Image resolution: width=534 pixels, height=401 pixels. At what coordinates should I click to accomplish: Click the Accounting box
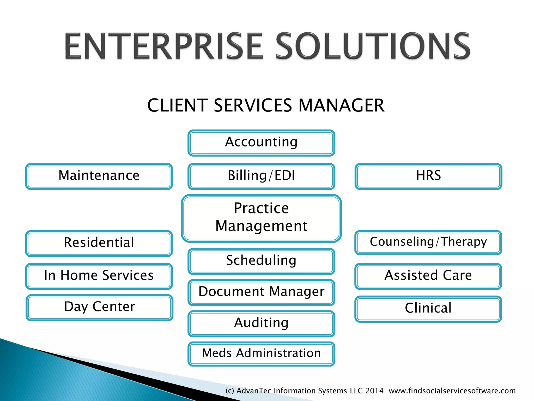pyautogui.click(x=261, y=143)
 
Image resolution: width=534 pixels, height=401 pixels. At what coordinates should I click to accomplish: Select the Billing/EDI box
pyautogui.click(x=261, y=176)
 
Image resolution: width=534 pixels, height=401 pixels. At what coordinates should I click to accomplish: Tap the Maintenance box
pyautogui.click(x=99, y=176)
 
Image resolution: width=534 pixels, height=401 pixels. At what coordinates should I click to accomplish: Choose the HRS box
pyautogui.click(x=428, y=176)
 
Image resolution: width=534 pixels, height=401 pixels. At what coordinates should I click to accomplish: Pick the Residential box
pyautogui.click(x=99, y=243)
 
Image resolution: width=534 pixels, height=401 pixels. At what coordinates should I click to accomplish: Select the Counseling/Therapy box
pyautogui.click(x=428, y=242)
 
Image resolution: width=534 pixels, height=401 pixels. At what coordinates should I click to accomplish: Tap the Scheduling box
pyautogui.click(x=261, y=261)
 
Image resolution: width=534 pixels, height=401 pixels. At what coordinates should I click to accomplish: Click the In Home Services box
pyautogui.click(x=99, y=276)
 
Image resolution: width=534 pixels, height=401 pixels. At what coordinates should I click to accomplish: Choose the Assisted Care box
pyautogui.click(x=428, y=276)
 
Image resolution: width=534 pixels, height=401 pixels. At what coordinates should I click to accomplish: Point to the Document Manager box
pyautogui.click(x=261, y=292)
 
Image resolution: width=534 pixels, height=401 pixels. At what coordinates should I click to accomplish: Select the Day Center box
pyautogui.click(x=100, y=307)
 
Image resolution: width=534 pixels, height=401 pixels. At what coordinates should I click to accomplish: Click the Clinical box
pyautogui.click(x=428, y=309)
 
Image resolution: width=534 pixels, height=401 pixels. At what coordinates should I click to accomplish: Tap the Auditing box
pyautogui.click(x=261, y=323)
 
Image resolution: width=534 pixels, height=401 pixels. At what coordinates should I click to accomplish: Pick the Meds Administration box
pyautogui.click(x=261, y=353)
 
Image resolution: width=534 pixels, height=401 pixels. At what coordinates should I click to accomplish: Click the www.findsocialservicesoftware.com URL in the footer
pyautogui.click(x=452, y=391)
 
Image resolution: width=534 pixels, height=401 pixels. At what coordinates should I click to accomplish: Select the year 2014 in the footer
pyautogui.click(x=374, y=391)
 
